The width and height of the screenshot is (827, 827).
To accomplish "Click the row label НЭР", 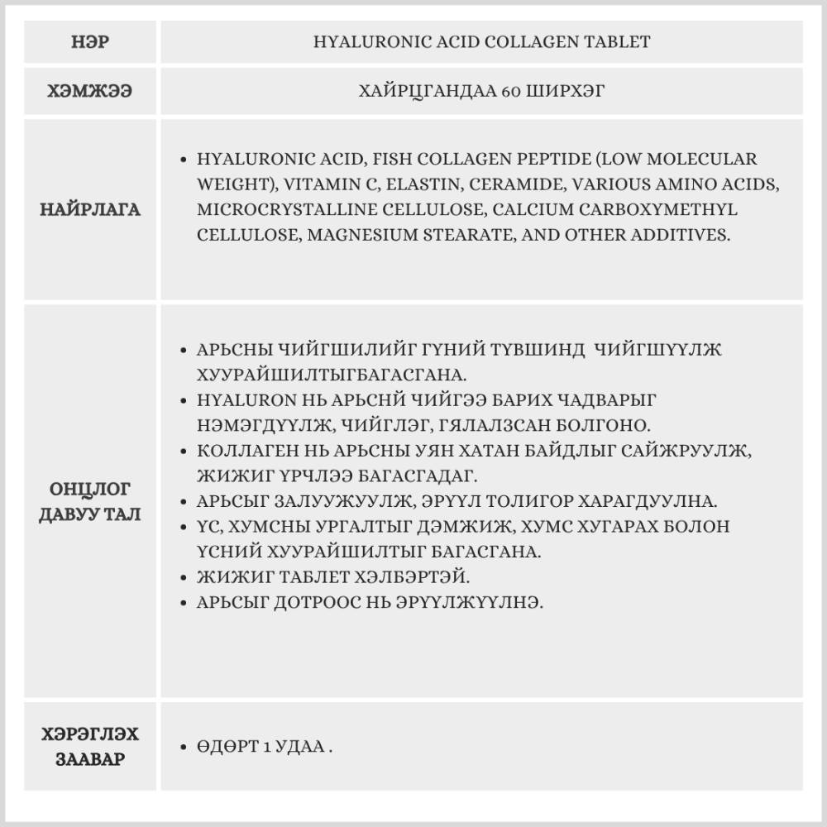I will (x=90, y=42).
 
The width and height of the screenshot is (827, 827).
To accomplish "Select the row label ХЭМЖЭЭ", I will (x=90, y=91).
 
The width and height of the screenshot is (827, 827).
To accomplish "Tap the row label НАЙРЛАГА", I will (x=90, y=209).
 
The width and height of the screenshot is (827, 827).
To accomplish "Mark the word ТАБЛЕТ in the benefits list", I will (x=318, y=577).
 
